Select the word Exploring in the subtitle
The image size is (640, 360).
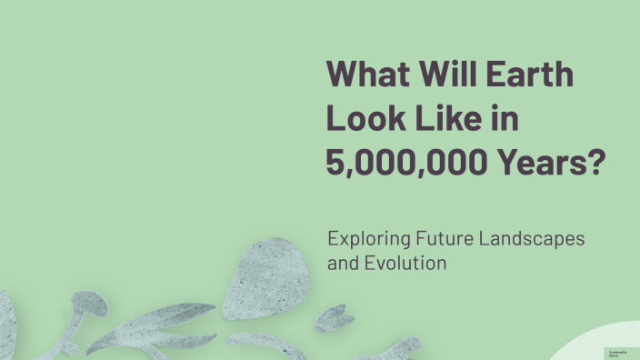click(365, 240)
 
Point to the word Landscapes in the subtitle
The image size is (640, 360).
click(534, 240)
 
